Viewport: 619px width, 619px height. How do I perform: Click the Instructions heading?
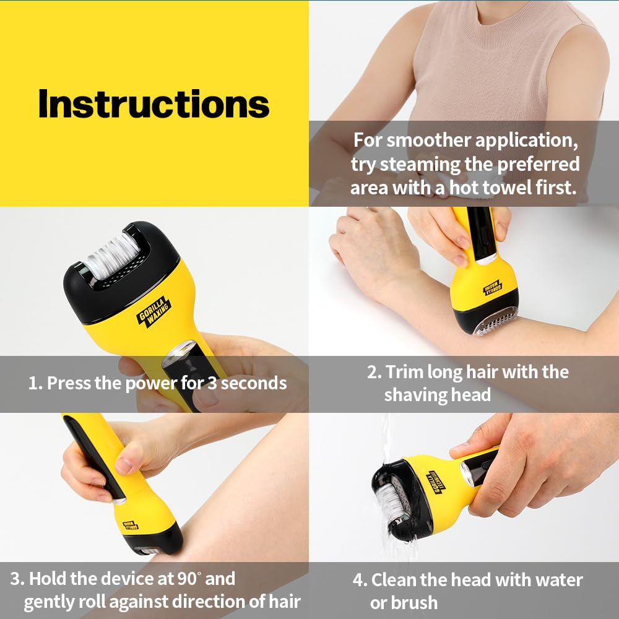click(154, 104)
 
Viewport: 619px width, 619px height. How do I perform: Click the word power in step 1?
click(151, 383)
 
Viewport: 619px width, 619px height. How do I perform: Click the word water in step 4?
click(553, 580)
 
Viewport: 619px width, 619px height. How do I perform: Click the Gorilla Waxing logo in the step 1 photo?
click(153, 313)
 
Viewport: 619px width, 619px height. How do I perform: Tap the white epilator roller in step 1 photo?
click(112, 255)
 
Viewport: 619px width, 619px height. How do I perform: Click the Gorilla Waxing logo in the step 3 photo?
click(131, 525)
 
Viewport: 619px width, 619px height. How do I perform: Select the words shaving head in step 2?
click(437, 394)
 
